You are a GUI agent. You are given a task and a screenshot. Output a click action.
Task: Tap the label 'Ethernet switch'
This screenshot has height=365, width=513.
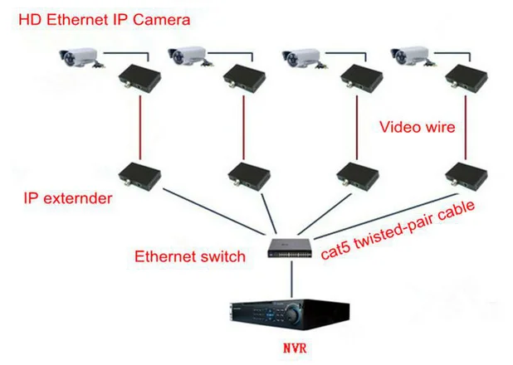pos(190,256)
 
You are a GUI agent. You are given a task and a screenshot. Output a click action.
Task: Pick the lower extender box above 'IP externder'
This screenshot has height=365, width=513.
pos(137,175)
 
